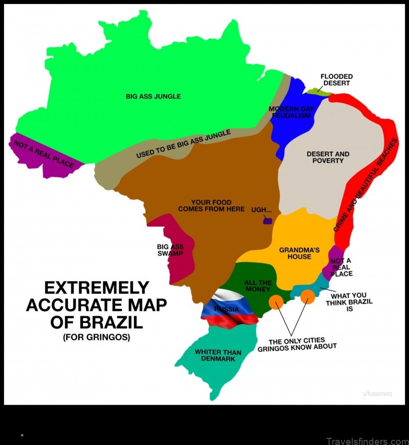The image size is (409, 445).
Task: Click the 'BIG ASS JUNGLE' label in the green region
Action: [153, 96]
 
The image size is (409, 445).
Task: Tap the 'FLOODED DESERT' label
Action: [336, 80]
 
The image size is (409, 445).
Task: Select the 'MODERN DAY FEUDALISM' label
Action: [290, 112]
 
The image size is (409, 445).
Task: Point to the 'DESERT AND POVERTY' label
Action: [328, 157]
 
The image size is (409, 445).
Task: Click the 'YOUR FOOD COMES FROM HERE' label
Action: [211, 205]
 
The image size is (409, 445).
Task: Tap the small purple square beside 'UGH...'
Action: [266, 221]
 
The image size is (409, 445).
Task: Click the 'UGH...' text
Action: [261, 210]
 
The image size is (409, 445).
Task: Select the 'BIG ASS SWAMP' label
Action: [170, 250]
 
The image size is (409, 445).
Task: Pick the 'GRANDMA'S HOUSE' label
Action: [299, 253]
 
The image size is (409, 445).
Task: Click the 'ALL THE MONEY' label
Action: [258, 286]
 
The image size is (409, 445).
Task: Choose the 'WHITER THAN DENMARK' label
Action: [218, 356]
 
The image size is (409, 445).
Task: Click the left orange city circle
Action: [276, 302]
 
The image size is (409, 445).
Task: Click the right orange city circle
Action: [307, 296]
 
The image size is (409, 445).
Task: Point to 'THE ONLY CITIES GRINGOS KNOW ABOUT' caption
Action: [297, 344]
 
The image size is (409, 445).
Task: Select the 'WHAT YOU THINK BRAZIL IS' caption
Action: [349, 302]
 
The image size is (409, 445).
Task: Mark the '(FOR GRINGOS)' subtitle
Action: [97, 338]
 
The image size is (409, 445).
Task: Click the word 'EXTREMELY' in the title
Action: [96, 288]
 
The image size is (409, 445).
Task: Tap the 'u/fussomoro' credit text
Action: [377, 393]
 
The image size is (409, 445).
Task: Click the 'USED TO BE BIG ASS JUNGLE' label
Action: [183, 144]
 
